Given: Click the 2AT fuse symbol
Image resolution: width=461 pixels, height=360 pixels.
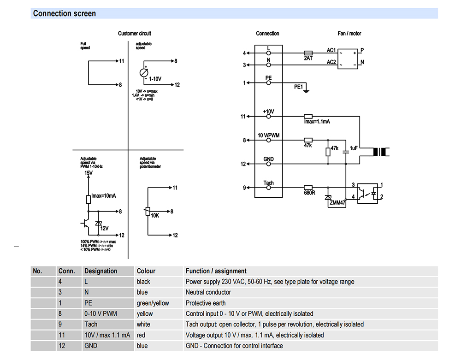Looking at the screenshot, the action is point(308,53).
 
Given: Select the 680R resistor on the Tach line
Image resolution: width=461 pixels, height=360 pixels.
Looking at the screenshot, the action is point(308,188).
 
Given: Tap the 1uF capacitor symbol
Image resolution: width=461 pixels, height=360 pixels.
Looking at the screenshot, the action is point(346,152).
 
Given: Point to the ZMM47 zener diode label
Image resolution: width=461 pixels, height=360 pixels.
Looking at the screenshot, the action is point(337,202).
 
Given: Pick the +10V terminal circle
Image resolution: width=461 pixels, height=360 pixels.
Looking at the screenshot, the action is point(268,116).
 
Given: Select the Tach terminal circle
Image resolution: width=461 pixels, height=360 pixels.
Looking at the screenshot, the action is point(268,188).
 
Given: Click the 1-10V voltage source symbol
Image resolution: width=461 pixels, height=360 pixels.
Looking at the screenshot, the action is point(144,72).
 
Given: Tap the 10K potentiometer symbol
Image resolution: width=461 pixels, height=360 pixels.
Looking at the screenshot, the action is point(148,211).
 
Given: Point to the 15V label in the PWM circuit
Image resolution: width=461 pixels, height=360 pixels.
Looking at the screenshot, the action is point(88,173).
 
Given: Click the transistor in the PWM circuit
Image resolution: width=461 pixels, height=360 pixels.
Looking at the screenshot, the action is point(85,224).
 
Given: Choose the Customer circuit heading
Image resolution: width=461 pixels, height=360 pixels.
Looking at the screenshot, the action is point(134,34).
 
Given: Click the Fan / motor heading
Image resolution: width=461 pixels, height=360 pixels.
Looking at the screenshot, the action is point(349,34).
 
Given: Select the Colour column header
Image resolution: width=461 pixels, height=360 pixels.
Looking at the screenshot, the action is point(146,271).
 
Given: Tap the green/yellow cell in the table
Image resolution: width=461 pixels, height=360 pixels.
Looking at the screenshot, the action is point(153,303).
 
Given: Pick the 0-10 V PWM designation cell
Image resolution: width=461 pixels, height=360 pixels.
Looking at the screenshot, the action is point(100,313).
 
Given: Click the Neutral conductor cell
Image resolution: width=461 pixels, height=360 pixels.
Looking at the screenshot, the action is point(208,292).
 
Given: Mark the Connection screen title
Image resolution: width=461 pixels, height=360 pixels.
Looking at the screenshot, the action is point(65,13).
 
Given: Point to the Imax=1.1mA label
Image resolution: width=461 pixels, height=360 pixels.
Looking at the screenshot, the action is point(317,121).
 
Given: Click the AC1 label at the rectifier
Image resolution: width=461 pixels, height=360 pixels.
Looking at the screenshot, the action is point(331,50).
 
